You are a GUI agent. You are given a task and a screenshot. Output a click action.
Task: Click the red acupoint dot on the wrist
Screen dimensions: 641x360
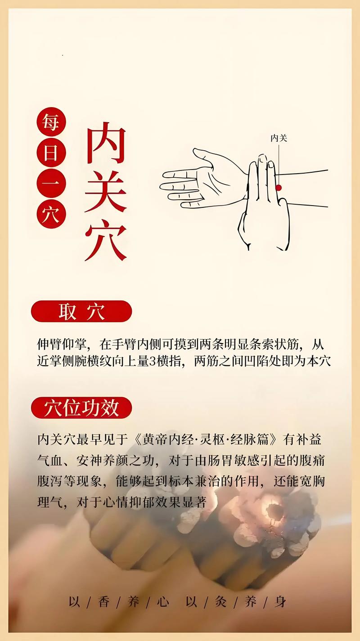tap(279, 188)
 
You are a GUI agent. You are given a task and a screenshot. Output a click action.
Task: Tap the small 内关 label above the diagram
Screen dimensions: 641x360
tap(279, 138)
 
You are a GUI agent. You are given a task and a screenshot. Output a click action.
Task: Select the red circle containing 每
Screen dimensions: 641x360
tap(51, 122)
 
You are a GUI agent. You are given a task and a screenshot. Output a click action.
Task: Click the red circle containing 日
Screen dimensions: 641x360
tap(51, 153)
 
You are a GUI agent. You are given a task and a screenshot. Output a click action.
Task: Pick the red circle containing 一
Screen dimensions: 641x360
tap(51, 184)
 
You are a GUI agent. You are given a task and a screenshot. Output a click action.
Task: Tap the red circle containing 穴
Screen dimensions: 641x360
tap(51, 214)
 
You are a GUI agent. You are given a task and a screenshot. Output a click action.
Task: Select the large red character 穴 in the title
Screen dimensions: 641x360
tap(106, 240)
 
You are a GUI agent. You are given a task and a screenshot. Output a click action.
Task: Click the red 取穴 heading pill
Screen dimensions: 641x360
tap(81, 311)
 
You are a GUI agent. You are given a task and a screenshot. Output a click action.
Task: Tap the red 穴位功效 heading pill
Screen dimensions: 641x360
tap(81, 408)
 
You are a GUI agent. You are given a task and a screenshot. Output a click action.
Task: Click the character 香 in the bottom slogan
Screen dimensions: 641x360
tap(104, 602)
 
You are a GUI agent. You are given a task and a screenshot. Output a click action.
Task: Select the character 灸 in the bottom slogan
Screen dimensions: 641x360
tap(221, 602)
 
